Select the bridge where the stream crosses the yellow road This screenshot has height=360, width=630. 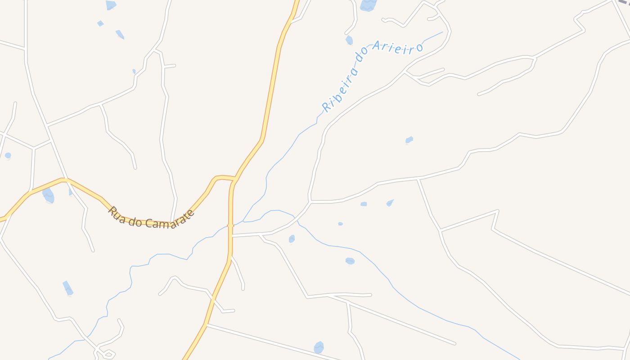(x=230, y=225)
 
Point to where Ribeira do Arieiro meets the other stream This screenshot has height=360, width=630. (x=243, y=221)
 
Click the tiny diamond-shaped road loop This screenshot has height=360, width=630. (x=108, y=354)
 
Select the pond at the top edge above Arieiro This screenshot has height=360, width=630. (x=368, y=4)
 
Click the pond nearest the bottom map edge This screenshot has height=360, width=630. (x=319, y=347)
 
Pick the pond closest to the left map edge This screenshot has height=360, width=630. (x=8, y=156)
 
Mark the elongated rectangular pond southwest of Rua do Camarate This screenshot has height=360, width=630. (x=67, y=288)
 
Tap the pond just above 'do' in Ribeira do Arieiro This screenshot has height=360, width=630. (x=349, y=40)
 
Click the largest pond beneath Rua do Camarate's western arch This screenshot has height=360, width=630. (x=48, y=196)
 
